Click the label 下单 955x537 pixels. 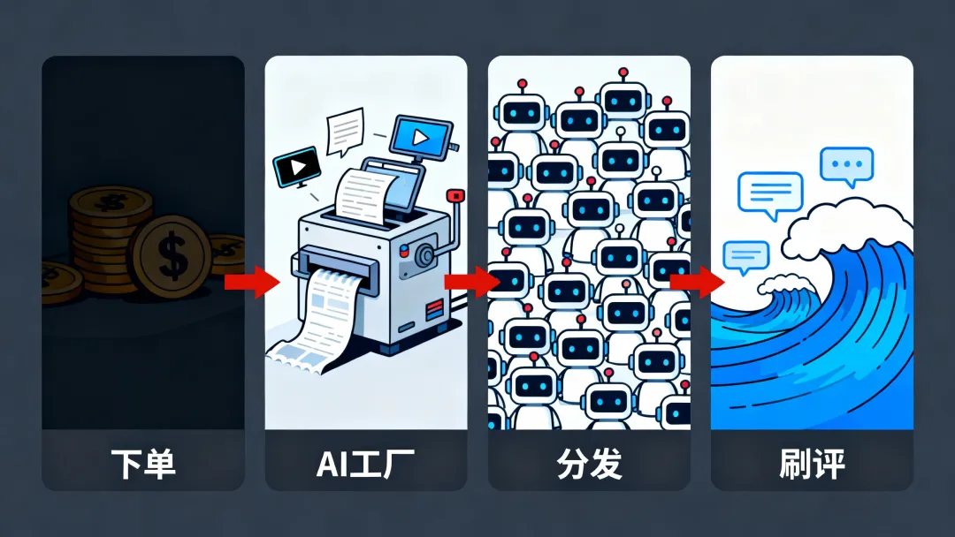(x=142, y=464)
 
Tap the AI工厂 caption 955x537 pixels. (x=366, y=464)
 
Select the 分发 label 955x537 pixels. (x=589, y=464)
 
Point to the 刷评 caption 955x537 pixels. (x=812, y=464)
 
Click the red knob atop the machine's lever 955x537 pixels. (x=455, y=195)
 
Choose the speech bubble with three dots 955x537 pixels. (x=846, y=165)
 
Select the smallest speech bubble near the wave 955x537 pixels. (x=745, y=256)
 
